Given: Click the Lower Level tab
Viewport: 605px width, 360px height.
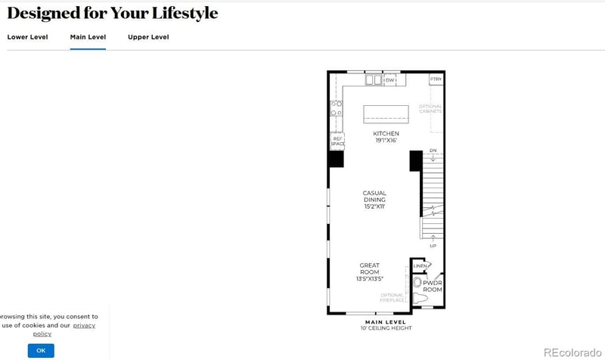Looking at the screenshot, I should tap(27, 37).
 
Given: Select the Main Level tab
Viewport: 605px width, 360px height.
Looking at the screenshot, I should tap(88, 37).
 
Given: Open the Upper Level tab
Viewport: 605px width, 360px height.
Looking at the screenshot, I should tap(148, 37).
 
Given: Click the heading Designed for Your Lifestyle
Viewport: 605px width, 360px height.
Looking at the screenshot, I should tap(112, 14).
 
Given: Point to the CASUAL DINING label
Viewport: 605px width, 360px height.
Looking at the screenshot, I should tap(374, 200).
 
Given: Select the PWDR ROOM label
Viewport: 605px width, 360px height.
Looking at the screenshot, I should tap(433, 286).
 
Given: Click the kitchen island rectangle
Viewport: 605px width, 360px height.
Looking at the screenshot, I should tap(386, 113).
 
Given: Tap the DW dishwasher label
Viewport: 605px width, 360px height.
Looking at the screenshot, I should tap(391, 79).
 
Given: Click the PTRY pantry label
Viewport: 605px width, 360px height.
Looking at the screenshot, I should tap(436, 79).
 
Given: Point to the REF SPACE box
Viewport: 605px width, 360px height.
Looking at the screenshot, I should tap(337, 141).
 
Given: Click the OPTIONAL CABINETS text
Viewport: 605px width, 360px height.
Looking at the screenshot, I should tap(430, 108).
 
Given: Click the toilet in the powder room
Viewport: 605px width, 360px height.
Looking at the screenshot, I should tap(418, 283).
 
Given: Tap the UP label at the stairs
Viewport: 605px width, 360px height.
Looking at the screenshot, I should tap(433, 246).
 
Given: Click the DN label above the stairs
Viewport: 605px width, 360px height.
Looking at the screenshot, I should tap(433, 151).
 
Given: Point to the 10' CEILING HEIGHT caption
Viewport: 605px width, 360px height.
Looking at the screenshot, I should tap(386, 328).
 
